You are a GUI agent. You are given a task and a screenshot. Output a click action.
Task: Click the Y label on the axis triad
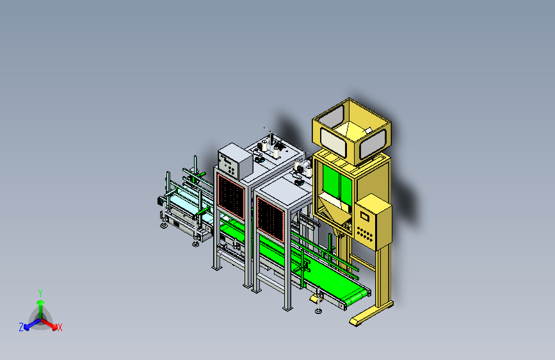click(x=40, y=293)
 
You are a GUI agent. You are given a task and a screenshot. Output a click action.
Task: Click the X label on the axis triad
click(x=60, y=327)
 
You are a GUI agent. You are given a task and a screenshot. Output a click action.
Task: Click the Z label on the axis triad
click(x=21, y=327)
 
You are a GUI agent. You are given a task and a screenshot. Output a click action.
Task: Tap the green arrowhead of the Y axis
click(x=41, y=302)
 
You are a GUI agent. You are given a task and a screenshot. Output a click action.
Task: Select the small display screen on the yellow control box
click(x=364, y=216)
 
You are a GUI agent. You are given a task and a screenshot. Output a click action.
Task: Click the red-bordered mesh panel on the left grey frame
click(x=231, y=196)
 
